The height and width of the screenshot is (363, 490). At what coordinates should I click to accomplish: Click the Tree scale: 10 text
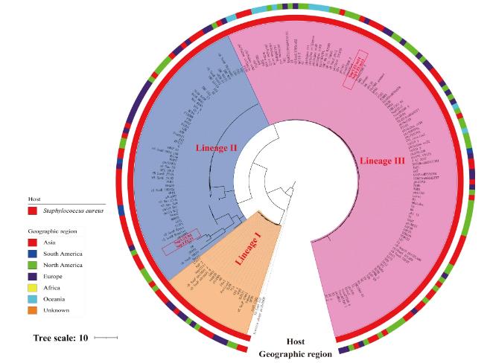[x=60, y=338]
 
